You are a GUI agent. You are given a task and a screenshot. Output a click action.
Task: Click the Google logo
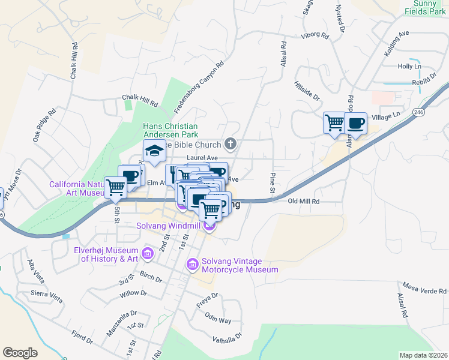(x=20, y=353)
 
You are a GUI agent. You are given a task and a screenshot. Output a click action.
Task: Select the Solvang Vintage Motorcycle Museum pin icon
(x=193, y=264)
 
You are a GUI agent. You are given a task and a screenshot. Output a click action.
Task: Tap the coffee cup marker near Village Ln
(x=355, y=124)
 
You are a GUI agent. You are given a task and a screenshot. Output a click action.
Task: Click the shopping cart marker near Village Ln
(x=334, y=124)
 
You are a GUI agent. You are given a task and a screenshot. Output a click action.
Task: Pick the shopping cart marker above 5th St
(x=115, y=187)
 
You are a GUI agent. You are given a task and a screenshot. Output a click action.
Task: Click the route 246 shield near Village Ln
(x=418, y=112)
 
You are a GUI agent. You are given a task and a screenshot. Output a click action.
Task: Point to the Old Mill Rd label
(x=304, y=202)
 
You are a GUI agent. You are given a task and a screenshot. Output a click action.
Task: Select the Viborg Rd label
(x=316, y=36)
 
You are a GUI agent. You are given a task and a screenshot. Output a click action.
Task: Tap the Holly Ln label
(x=409, y=66)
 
